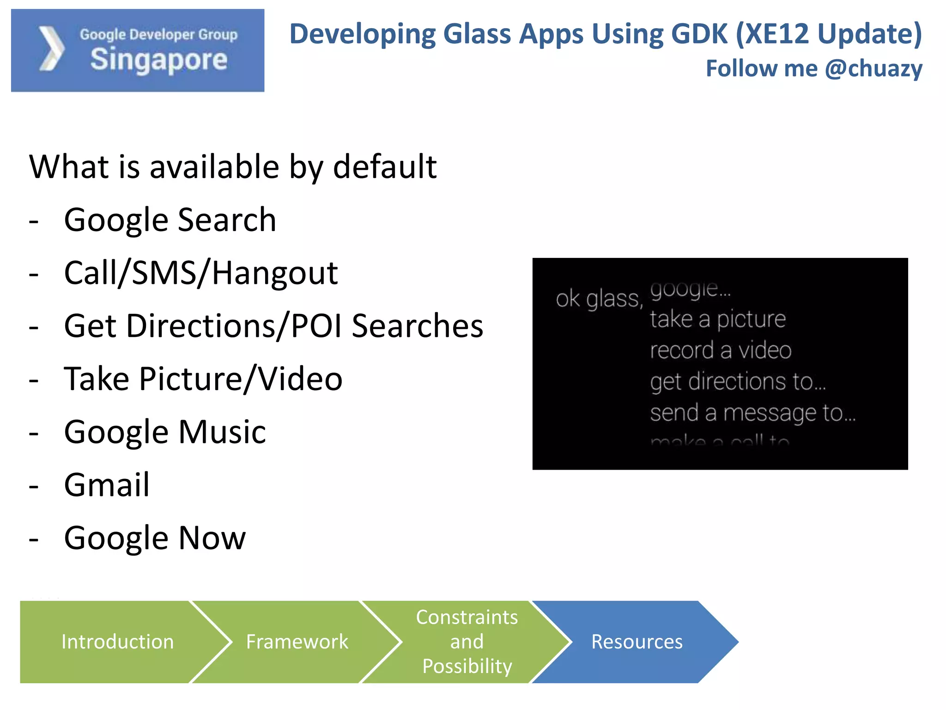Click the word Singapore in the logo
[158, 60]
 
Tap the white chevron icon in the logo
[51, 49]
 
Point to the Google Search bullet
[170, 220]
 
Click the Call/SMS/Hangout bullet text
[200, 273]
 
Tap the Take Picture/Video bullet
[203, 379]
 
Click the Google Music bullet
[164, 432]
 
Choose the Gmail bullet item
[107, 485]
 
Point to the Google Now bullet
[155, 538]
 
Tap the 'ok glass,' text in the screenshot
[599, 299]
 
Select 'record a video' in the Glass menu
[720, 350]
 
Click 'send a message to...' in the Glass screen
[752, 412]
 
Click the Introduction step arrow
[117, 642]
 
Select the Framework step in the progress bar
[297, 642]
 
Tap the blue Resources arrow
[637, 642]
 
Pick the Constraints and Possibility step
[467, 642]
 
